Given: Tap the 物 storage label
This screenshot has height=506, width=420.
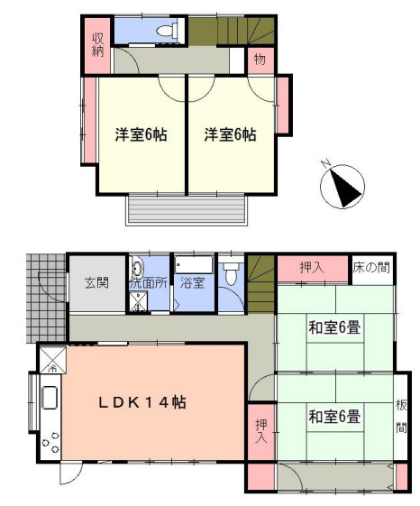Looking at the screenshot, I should [x=259, y=60].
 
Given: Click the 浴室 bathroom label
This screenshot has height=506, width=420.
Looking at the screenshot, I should [x=192, y=282].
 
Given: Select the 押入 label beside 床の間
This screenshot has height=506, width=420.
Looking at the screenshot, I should [x=312, y=268].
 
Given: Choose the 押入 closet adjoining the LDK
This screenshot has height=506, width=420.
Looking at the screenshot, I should [x=260, y=431].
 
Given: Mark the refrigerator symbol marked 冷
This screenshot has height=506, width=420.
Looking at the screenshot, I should [x=50, y=362].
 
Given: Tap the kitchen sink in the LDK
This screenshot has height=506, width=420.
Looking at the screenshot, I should [x=49, y=399].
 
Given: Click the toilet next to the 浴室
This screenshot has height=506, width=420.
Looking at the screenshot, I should [x=231, y=273].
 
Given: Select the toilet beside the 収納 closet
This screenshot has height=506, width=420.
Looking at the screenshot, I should [x=165, y=31].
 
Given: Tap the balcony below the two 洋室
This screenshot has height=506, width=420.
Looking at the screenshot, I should [x=187, y=209].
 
